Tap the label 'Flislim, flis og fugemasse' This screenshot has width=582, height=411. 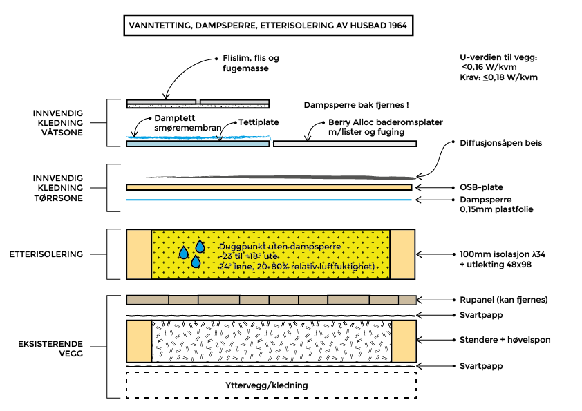click(251, 64)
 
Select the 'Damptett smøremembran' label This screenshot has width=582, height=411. click(178, 123)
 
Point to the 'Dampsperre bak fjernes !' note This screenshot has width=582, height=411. click(357, 106)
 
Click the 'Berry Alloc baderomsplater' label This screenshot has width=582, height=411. click(386, 126)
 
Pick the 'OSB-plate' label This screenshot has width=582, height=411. click(481, 187)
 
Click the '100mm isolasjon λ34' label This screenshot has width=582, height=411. click(493, 254)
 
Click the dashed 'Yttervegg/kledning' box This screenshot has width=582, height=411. click(271, 385)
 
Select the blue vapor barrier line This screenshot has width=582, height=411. click(269, 200)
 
